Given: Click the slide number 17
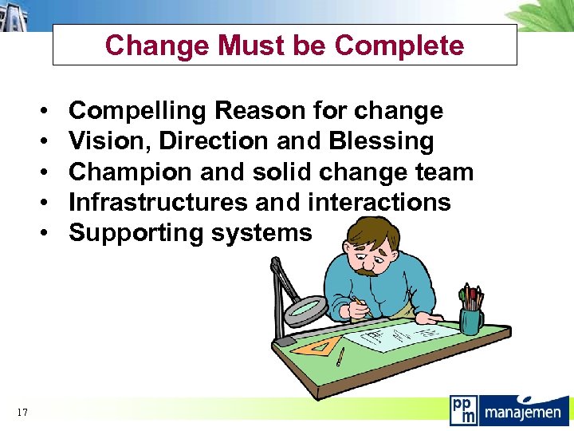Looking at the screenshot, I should tap(22, 412).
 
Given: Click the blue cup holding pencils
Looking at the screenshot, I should tap(472, 322).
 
